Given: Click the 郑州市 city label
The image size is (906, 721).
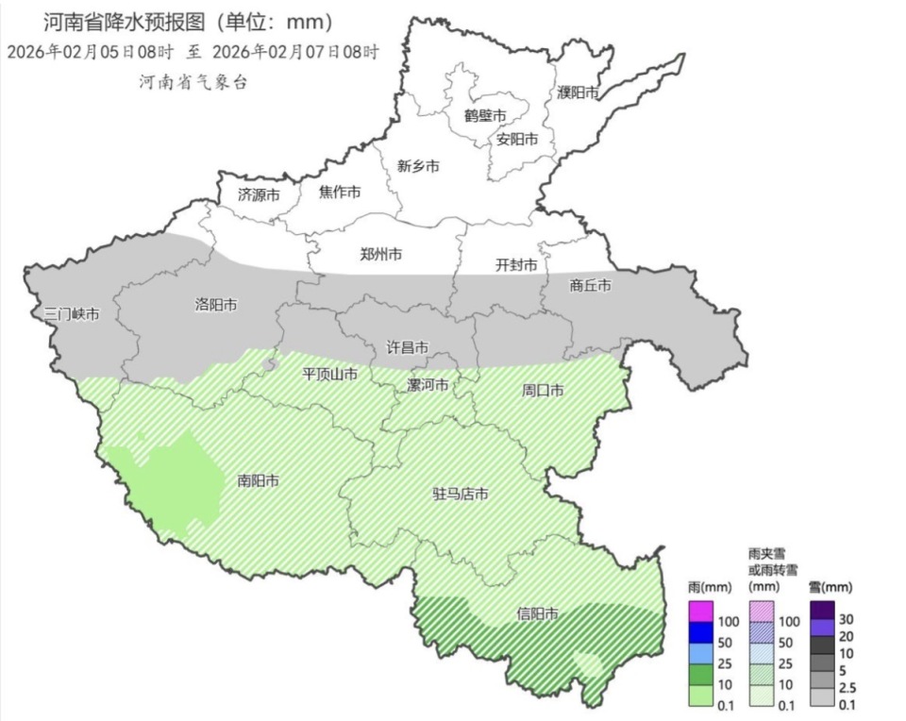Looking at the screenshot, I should tap(381, 254).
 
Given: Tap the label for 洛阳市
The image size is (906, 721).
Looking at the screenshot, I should tap(215, 305).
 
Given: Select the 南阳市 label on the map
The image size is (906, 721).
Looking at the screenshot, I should tap(258, 480).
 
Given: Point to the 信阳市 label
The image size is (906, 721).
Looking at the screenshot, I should tap(537, 614).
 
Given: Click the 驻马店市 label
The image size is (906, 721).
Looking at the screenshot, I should tap(461, 495).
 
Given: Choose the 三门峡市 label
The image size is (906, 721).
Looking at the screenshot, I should tap(72, 314).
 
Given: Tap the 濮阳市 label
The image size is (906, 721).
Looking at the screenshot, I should tap(578, 92).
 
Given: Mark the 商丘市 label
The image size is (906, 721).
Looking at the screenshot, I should tap(591, 285).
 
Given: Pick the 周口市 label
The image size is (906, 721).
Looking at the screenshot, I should tap(543, 390).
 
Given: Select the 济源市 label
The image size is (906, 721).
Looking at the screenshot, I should tap(259, 195).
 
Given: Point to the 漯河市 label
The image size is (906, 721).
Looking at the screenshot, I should tap(428, 385).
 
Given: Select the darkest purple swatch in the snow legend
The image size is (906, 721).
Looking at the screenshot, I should tap(820, 610).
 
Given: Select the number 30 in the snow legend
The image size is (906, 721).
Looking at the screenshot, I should tap(846, 619).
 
